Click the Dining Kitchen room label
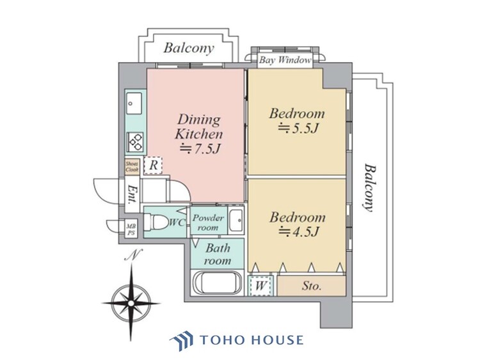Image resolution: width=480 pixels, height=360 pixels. (199, 135)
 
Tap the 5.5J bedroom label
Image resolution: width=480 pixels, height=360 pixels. (296, 121)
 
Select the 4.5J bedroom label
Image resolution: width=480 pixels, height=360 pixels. (296, 224)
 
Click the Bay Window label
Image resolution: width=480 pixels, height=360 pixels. (285, 61)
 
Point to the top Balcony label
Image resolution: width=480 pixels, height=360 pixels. (188, 48)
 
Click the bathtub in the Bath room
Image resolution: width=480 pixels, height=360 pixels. (217, 282)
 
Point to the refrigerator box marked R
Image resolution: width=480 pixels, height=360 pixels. (154, 165)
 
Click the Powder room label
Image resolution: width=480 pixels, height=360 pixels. (208, 223)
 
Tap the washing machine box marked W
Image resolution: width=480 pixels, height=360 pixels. (261, 285)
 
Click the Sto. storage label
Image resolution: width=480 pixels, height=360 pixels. (312, 286)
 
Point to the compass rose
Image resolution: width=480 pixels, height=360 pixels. (131, 297)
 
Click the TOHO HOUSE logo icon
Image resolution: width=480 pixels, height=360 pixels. (180, 340)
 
